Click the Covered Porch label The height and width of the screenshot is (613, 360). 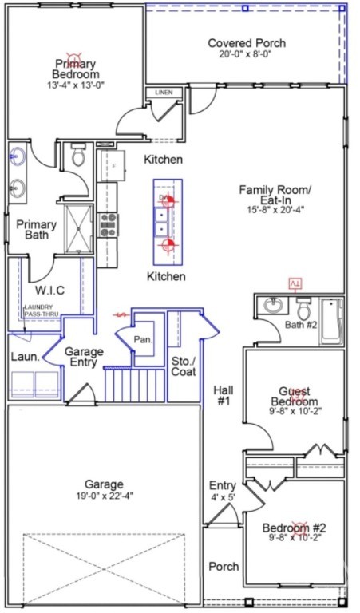click(x=247, y=43)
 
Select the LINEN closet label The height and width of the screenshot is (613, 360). click(x=164, y=93)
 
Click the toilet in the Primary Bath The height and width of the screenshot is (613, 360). click(x=78, y=156)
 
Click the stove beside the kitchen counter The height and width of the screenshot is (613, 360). click(x=108, y=223)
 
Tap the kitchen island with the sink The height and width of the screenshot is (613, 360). click(x=167, y=221)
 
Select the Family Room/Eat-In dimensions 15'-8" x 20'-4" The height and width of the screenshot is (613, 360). click(x=275, y=210)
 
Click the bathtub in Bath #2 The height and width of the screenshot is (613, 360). click(x=331, y=320)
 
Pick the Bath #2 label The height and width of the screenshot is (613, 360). click(x=302, y=325)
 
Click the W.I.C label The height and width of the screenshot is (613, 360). click(x=49, y=290)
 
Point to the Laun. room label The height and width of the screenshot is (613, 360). click(x=26, y=357)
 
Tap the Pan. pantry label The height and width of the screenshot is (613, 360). click(x=143, y=339)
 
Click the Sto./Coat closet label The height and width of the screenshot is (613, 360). click(x=184, y=366)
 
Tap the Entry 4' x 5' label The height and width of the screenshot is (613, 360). click(x=223, y=492)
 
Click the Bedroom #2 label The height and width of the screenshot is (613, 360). click(x=295, y=528)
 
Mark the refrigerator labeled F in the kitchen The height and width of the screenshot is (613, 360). click(x=113, y=165)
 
